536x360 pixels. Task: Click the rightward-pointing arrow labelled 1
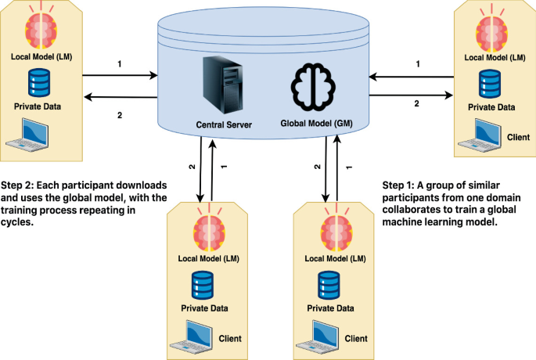coord(119,76)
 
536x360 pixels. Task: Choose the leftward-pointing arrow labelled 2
coord(119,97)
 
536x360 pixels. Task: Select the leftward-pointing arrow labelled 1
coord(412,77)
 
